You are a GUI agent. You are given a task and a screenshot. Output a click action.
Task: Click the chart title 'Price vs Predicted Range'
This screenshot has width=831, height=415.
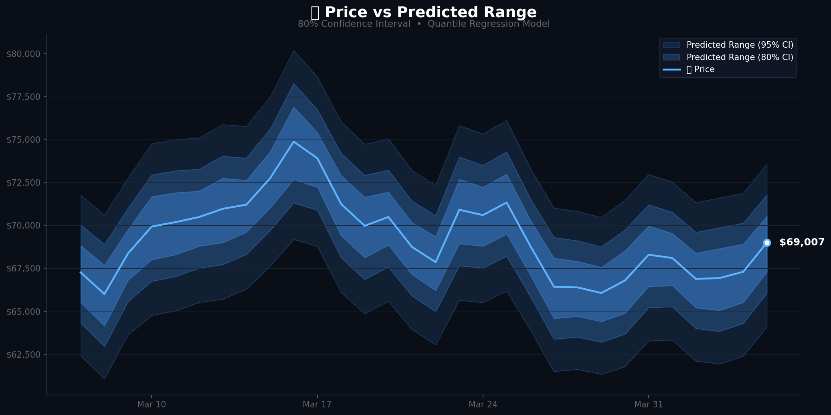[424, 12]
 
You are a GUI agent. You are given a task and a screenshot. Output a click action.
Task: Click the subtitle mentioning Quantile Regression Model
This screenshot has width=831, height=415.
[424, 24]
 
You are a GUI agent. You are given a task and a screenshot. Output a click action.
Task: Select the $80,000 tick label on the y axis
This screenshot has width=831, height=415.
[24, 54]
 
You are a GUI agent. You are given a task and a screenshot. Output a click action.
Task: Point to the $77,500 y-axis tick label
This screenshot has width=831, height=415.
[24, 97]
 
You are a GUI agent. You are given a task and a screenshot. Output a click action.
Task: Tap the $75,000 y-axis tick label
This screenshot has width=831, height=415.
[24, 140]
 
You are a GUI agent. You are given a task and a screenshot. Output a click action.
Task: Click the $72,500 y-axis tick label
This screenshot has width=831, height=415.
[24, 183]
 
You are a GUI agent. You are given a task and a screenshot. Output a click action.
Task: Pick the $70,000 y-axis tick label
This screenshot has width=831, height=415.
[24, 226]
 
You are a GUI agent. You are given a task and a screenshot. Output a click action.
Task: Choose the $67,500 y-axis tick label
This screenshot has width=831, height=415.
[24, 269]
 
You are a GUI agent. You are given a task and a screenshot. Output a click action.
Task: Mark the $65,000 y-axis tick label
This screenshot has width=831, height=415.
[24, 312]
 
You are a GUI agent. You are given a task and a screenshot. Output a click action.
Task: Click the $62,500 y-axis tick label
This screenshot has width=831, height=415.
[24, 354]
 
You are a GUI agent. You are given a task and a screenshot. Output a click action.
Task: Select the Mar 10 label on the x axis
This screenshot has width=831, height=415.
[151, 405]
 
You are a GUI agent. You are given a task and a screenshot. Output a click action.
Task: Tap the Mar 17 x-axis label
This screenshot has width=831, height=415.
[317, 405]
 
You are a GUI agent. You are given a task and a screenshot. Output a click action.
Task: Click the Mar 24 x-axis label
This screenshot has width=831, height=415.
[483, 405]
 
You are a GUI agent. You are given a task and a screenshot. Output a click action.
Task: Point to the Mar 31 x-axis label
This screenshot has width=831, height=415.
[648, 405]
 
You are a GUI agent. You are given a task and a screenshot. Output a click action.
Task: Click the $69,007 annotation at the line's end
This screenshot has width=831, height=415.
[802, 243]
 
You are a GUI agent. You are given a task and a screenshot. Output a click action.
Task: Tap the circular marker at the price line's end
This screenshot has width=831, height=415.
[767, 243]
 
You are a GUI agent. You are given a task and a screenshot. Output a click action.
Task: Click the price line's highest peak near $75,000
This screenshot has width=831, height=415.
[294, 142]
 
